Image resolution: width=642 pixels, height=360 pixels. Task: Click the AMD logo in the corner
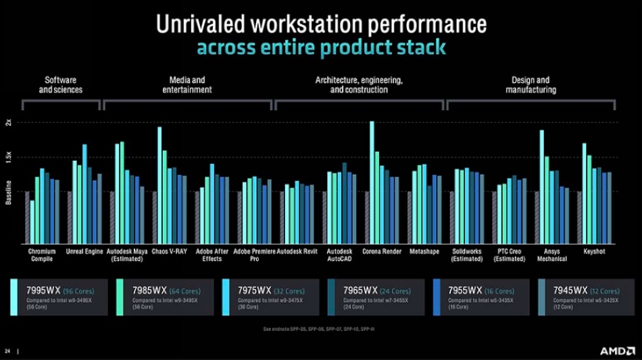617,351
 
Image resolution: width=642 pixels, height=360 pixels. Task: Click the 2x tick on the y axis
9,122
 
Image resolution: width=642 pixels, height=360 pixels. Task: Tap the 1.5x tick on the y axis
9,157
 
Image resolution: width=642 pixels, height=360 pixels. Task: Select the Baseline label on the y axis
9,192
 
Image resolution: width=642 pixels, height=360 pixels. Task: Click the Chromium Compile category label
42,255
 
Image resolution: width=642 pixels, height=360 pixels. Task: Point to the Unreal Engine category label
84,251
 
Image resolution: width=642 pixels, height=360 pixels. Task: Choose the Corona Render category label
382,251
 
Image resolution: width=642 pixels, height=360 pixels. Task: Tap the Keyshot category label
594,251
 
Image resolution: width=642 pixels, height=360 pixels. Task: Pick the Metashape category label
424,251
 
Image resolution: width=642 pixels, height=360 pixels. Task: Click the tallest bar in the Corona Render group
372,182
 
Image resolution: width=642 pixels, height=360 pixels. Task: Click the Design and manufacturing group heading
530,84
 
